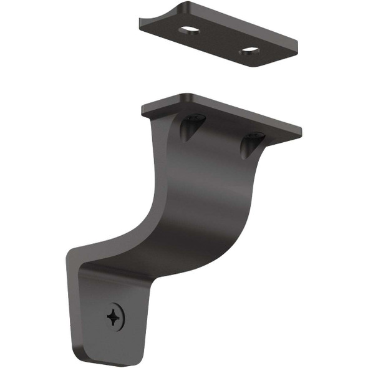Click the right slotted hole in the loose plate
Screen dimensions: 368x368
249,49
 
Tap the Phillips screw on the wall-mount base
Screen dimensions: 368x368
115,317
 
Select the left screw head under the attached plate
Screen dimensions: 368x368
194,117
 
